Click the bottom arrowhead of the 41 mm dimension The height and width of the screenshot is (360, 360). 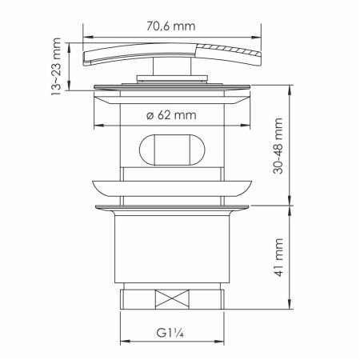[x=289, y=309]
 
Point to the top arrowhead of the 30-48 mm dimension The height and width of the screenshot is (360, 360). [x=289, y=86]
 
